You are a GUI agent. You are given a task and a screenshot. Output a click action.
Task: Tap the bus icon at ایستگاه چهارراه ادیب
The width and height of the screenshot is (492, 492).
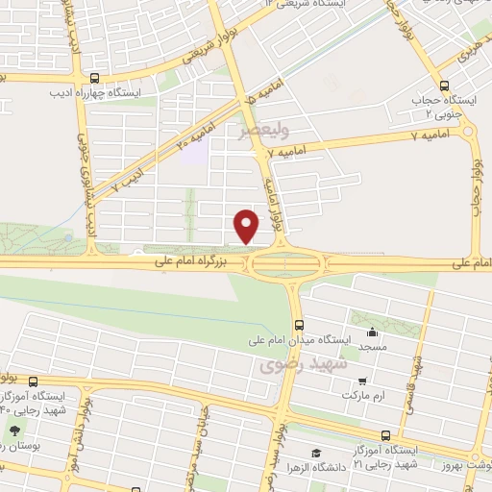pyautogui.click(x=94, y=79)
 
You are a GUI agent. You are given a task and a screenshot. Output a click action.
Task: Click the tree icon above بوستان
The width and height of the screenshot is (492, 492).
pyautogui.click(x=15, y=430)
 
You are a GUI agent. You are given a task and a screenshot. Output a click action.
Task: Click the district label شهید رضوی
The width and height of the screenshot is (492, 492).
pyautogui.click(x=293, y=366)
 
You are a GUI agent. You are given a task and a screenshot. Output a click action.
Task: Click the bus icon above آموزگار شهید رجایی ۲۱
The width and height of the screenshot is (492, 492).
pyautogui.click(x=385, y=433)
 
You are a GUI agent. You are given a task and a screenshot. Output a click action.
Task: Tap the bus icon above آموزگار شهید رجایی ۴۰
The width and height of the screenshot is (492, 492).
pyautogui.click(x=35, y=381)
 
